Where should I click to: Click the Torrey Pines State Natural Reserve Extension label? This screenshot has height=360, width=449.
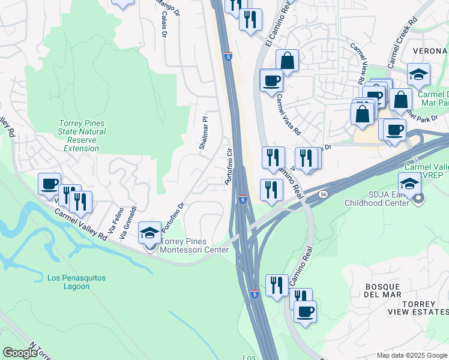[82, 136]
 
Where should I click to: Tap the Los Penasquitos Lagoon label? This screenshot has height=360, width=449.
[68, 282]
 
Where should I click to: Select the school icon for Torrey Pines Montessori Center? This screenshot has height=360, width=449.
[149, 232]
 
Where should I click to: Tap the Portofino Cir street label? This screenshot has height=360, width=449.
[228, 167]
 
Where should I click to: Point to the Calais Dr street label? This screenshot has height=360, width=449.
[164, 24]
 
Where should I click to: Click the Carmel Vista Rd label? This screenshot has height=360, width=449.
[289, 115]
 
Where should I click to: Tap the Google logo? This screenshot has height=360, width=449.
[20, 353]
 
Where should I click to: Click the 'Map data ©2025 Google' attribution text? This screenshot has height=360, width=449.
[412, 355]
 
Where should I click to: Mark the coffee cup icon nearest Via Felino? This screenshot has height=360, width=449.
[49, 184]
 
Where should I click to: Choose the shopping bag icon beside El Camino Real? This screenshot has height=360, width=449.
[288, 60]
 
